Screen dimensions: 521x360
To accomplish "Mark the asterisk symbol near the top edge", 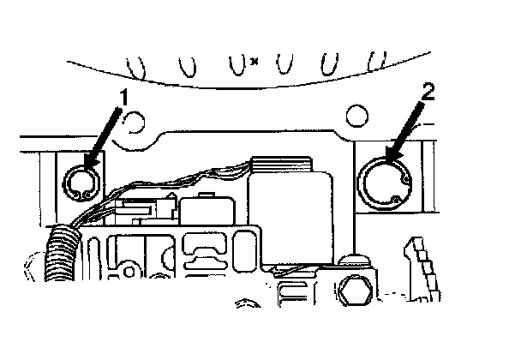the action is tap(255, 60).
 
